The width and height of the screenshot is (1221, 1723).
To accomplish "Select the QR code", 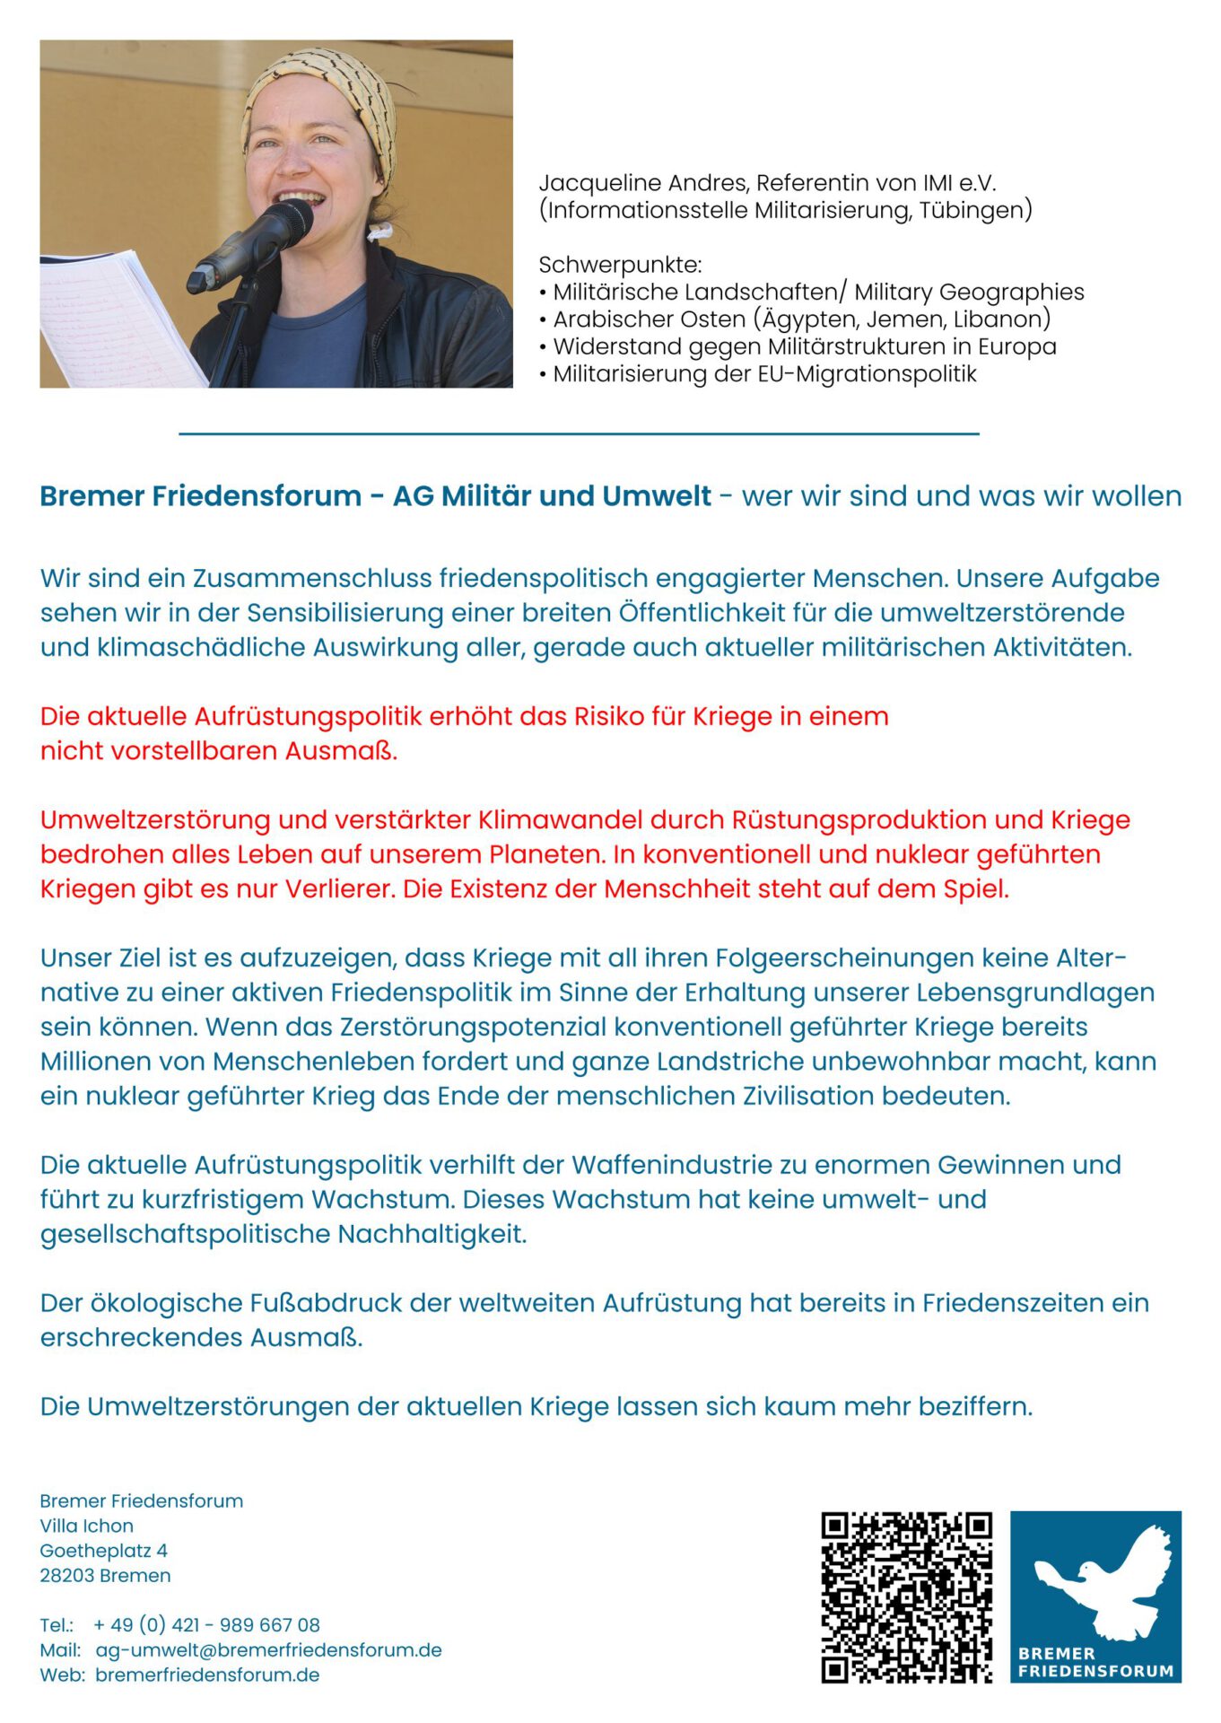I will [x=906, y=1596].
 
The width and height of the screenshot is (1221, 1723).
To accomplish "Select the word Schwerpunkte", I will [x=619, y=265].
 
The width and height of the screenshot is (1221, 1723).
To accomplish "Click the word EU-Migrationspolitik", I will [x=867, y=374].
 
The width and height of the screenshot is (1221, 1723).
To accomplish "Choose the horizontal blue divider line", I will [x=579, y=433].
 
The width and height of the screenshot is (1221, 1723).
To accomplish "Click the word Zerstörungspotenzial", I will [x=467, y=1027].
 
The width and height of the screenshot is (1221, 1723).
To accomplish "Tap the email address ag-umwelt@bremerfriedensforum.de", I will [x=268, y=1650].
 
